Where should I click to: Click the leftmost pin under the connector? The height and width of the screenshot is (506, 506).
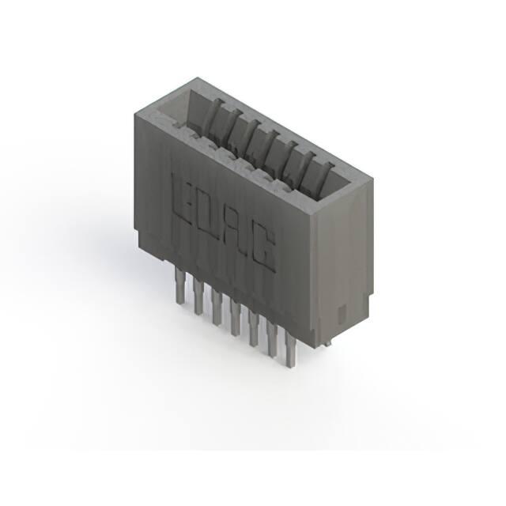coord(179,285)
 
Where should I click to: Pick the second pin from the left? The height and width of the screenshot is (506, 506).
coord(198,296)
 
